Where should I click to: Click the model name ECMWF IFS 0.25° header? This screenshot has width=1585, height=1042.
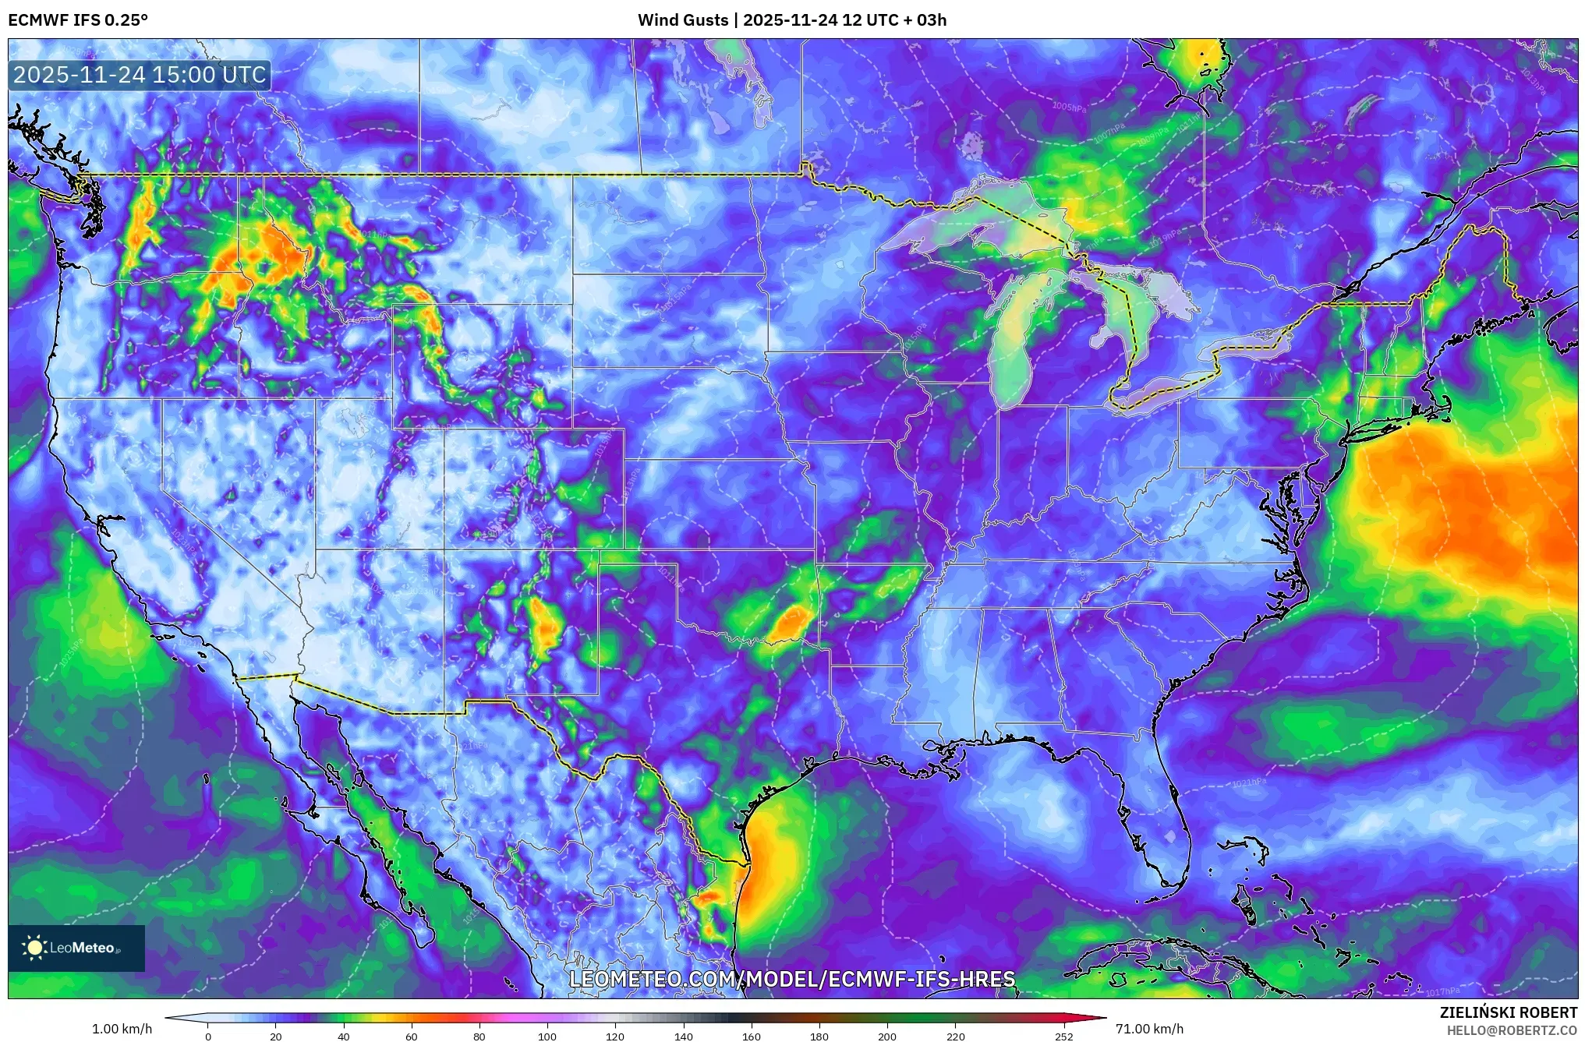[78, 20]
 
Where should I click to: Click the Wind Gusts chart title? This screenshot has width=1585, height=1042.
[791, 20]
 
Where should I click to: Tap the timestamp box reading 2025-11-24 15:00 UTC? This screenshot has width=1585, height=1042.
[140, 76]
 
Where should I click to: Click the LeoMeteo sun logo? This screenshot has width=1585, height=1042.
[35, 948]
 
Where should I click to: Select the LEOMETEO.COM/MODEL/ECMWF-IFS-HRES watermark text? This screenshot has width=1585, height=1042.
[792, 979]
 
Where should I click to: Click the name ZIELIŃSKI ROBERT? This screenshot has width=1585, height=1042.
[1508, 1012]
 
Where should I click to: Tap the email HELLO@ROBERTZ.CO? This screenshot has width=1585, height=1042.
[1512, 1030]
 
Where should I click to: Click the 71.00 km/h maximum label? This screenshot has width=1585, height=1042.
[1149, 1029]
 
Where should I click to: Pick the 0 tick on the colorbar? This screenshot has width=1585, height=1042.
[208, 1037]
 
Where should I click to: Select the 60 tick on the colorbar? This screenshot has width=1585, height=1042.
[412, 1037]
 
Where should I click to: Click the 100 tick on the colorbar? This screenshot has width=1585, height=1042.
[547, 1037]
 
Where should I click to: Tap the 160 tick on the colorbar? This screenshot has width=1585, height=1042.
[751, 1037]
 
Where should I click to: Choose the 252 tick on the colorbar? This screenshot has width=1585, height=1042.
[1063, 1037]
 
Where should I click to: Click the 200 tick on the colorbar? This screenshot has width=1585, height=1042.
[886, 1037]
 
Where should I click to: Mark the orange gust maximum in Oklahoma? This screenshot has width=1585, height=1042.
[791, 623]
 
